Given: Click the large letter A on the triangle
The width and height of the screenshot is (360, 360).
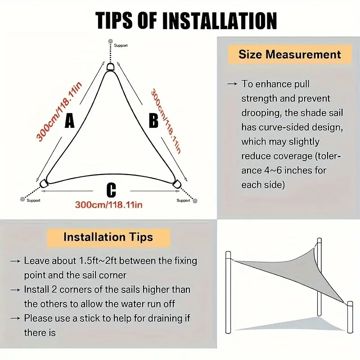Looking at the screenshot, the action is coord(70,121).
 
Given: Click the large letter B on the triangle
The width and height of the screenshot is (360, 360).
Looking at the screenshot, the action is coord(153,121).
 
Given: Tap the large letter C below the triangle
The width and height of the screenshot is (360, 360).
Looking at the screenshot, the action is coord(111,190).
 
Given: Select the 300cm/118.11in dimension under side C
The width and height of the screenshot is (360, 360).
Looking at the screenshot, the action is coord(108,205).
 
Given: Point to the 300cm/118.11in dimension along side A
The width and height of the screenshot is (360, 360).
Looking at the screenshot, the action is coord(59,111).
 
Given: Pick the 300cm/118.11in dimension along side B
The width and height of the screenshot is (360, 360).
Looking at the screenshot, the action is coord(166,121).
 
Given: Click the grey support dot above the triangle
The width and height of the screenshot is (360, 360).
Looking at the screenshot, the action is coord(110,41).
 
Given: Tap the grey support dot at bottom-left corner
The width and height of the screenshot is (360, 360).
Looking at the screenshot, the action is coord(22,199).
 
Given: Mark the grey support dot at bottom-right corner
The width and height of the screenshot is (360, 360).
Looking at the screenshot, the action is coord(195,201).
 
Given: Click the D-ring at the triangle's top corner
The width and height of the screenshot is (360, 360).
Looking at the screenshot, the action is coord(110,67).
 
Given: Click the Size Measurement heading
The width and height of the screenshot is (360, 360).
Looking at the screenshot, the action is coord(290,54).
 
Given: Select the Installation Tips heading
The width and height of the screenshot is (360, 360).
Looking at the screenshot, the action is coord(108,237).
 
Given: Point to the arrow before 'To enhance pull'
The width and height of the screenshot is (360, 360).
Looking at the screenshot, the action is coord(232,84).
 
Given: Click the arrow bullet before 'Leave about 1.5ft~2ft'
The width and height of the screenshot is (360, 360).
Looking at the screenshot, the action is coord(15,261).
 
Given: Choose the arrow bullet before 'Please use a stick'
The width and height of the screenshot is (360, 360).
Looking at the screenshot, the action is coord(15,319).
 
